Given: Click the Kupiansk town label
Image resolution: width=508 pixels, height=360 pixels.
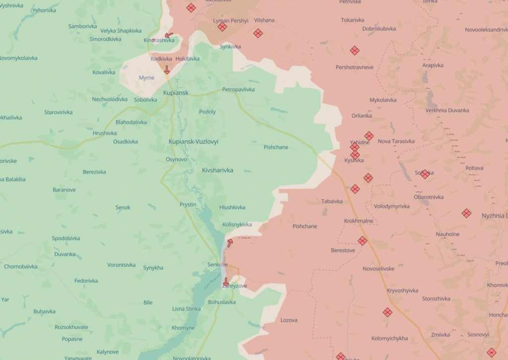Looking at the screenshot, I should pos(176,93).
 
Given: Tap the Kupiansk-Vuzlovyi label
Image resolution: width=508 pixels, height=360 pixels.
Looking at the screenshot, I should pos(193,141).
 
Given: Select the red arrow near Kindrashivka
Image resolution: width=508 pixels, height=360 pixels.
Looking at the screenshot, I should pos(169,36).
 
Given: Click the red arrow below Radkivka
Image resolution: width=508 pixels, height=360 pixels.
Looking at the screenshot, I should pos(167,70).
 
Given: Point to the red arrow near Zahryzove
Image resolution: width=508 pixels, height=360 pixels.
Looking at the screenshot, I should pos(226,282).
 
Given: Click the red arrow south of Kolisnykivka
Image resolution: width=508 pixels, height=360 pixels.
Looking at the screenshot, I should pos(230,242).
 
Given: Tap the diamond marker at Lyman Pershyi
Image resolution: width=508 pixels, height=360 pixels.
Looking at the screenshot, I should pos(222,27).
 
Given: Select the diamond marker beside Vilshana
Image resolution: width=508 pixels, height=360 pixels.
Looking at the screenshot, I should pos(257,33).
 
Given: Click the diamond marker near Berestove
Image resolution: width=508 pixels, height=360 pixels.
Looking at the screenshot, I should pos(363,241).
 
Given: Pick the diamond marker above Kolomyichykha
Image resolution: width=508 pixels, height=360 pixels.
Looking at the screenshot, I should pos(387,312).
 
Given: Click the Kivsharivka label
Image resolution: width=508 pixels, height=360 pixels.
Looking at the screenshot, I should pos(217,170).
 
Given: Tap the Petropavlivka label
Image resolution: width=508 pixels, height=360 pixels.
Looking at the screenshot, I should pos(238,89).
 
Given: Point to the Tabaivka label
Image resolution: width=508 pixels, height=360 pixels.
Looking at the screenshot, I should pos(332,201).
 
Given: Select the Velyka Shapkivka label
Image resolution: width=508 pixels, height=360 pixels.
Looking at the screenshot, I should pos(118,31).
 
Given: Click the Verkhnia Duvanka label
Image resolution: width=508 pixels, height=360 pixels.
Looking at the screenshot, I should pos(447,110).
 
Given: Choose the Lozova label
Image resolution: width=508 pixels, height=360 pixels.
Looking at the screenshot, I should pos(289,320).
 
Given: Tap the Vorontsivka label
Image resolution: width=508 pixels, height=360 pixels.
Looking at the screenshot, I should pos(121,265).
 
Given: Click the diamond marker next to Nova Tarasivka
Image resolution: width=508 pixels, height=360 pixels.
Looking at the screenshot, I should pos(369,136).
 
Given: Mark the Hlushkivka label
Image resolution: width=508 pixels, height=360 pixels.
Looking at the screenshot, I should pos(232,207).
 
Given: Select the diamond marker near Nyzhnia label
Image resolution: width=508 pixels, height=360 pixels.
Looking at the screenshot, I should pos(466,213).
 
